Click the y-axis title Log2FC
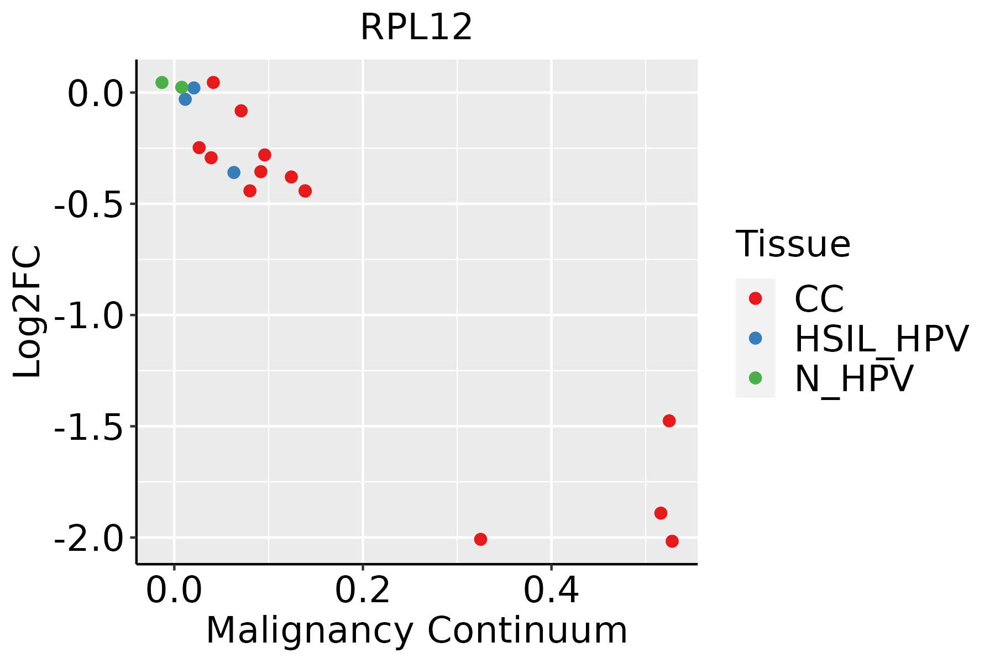(28, 312)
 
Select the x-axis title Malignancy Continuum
(416, 631)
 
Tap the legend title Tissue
(793, 244)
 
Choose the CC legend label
(819, 299)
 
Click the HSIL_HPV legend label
(881, 339)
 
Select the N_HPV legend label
(853, 378)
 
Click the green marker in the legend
(755, 378)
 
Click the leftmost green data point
(162, 82)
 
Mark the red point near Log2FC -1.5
(669, 421)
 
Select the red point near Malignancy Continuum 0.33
(480, 539)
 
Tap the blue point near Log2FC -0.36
(234, 172)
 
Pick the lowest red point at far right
(672, 541)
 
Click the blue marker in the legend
(755, 338)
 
